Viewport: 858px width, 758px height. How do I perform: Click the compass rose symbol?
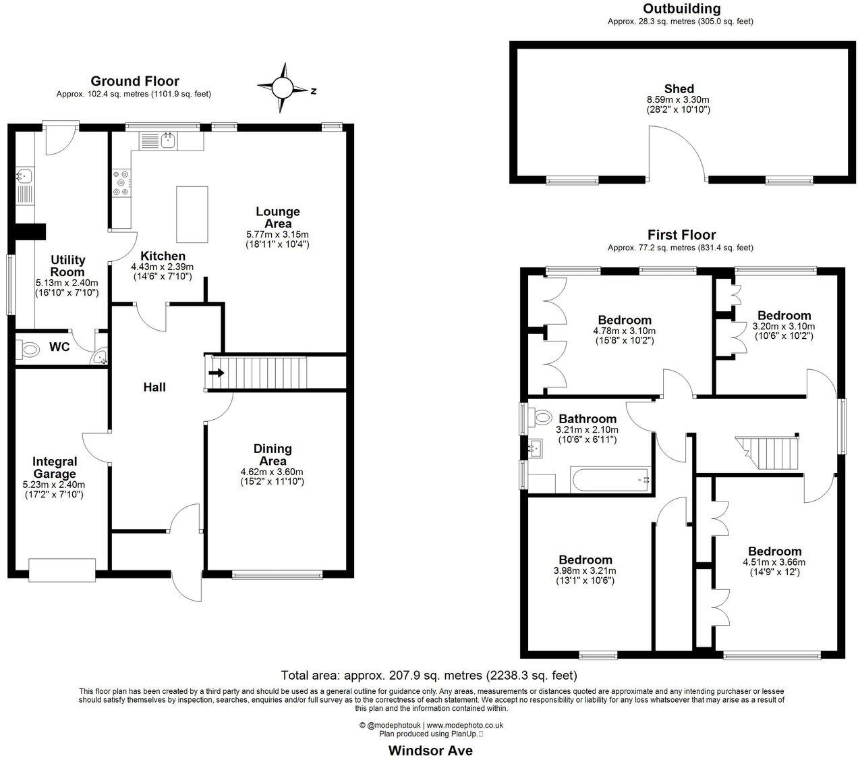[283, 88]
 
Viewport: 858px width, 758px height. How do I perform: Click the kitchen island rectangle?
[192, 214]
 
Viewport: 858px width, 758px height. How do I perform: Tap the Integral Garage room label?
[55, 468]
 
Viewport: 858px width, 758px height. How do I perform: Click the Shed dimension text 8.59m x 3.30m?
[679, 100]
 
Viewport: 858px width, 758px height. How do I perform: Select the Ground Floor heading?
[135, 81]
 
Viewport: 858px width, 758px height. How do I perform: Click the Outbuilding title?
[681, 9]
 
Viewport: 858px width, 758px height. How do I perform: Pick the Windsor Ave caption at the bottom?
[430, 750]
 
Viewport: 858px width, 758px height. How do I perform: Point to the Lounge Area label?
[277, 217]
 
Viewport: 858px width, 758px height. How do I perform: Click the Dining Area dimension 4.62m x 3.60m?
[272, 472]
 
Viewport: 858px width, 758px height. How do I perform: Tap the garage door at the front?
[62, 570]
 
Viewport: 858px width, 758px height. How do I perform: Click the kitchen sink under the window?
[167, 141]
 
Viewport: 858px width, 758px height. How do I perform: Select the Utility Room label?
[68, 266]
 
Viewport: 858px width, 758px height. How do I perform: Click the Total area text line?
[429, 675]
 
